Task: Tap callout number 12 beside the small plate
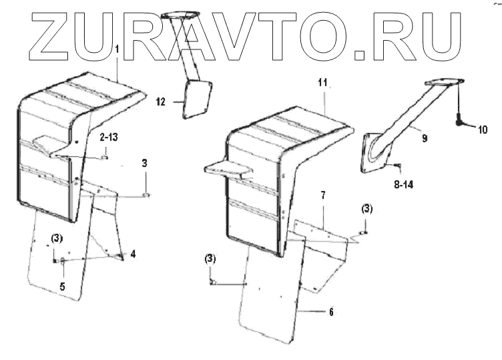click(x=160, y=102)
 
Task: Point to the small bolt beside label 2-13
click(x=105, y=158)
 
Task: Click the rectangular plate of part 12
click(x=198, y=99)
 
